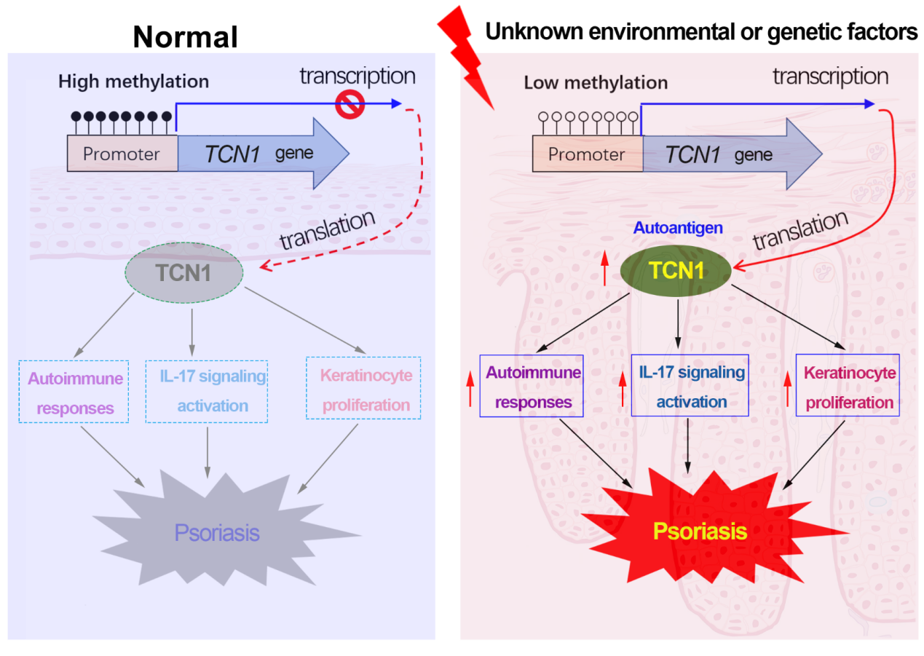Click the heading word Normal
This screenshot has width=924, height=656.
click(x=186, y=37)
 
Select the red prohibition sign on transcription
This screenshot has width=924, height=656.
click(x=350, y=105)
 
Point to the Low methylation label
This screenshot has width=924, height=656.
click(x=596, y=82)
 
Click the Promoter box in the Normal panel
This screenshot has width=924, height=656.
click(x=122, y=154)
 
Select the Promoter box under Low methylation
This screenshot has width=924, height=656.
click(x=587, y=154)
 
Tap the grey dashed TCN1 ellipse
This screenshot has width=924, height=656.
click(x=183, y=273)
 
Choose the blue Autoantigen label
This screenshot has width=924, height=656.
click(x=678, y=228)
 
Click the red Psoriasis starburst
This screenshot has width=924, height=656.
click(x=700, y=531)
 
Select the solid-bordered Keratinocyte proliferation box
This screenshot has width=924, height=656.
click(x=848, y=386)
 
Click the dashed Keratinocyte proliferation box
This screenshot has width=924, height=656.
click(x=364, y=388)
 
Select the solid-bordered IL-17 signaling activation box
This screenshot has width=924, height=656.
click(x=690, y=386)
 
